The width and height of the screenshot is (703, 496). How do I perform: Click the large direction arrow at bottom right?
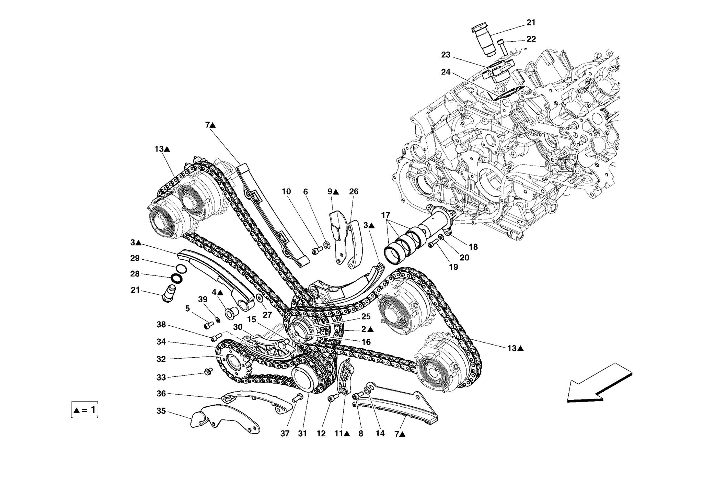pos(599,383)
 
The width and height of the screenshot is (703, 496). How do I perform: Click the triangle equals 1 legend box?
pos(84,409)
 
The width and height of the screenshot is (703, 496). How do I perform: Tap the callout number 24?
pos(446,72)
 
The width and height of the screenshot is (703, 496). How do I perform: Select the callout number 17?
pos(385,215)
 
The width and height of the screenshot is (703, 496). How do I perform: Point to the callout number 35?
pos(161,411)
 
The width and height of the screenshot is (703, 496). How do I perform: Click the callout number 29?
pos(135,258)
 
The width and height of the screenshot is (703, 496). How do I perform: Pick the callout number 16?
pos(366,342)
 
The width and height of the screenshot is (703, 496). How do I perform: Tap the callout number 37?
pos(285,434)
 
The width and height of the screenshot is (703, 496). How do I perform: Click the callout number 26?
pos(354,192)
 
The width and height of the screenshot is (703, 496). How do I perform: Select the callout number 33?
pos(161,377)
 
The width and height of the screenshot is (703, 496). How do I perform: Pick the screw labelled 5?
pos(208,325)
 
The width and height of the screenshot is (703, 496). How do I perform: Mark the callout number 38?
pos(161,325)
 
